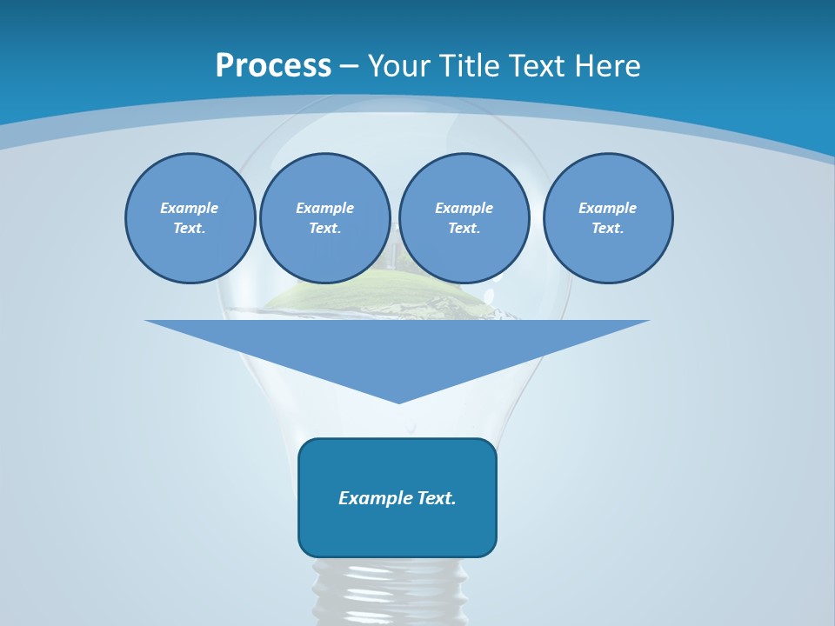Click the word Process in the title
click(273, 66)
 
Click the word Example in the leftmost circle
click(189, 208)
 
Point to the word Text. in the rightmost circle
click(608, 228)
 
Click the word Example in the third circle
click(464, 208)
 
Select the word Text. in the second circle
click(324, 228)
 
